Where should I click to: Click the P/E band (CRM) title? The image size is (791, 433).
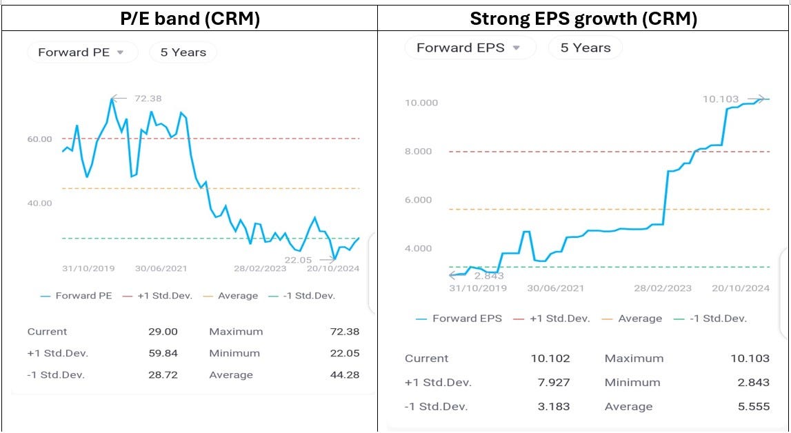[x=190, y=19]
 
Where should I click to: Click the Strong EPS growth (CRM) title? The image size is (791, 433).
[x=583, y=19]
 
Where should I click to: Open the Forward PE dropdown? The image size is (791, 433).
[x=81, y=52]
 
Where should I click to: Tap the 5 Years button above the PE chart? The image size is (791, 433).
[x=183, y=52]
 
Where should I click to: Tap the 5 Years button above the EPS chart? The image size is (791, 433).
[x=585, y=48]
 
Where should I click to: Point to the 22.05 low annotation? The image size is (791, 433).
[x=298, y=260]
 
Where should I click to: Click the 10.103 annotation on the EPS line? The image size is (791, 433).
[x=720, y=99]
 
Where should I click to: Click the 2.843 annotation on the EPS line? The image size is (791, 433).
[x=489, y=276]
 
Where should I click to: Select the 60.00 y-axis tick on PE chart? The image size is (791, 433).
[x=39, y=139]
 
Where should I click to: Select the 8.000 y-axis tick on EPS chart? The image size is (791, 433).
[x=421, y=152]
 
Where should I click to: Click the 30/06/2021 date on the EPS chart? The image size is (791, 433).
[x=556, y=288]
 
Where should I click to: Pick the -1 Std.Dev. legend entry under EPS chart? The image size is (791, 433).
[x=719, y=319]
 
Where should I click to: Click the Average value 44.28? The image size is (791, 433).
[x=345, y=375]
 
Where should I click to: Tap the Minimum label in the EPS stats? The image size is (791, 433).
[x=632, y=383]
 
